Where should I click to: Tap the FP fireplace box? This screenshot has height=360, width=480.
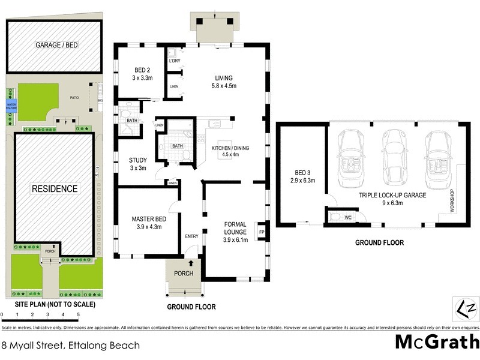click(x=261, y=231)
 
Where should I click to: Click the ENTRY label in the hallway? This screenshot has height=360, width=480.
click(x=191, y=236)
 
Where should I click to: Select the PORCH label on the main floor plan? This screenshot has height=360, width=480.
click(x=184, y=273)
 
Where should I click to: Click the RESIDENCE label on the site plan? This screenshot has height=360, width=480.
click(x=55, y=189)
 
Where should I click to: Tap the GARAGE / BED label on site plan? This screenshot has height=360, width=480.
click(x=57, y=45)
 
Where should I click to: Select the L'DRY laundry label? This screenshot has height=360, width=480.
click(x=175, y=61)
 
